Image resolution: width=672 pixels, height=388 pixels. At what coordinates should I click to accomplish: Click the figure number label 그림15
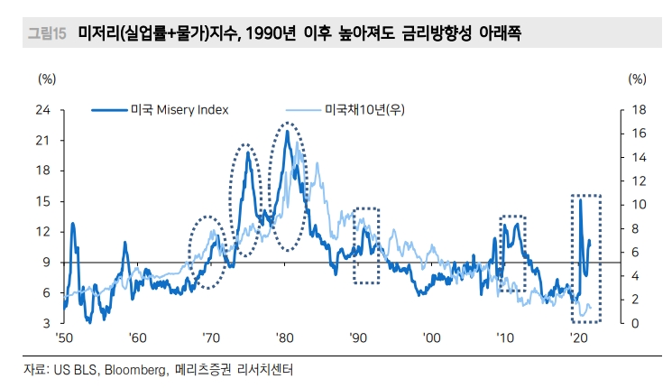point(46,34)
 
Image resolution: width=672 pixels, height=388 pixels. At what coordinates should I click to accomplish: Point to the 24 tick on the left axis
point(42,110)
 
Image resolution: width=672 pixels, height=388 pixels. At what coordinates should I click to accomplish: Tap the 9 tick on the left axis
point(45,263)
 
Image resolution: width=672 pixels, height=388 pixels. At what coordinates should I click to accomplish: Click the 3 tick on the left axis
point(45,323)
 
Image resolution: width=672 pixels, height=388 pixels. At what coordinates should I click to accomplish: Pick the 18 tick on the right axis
point(638,110)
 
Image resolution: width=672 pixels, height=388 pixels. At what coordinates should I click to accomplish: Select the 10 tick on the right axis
point(638,205)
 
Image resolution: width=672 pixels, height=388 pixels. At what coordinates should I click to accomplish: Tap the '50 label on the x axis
point(63,337)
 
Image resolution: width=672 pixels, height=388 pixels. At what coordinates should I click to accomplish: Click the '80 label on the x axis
point(284,337)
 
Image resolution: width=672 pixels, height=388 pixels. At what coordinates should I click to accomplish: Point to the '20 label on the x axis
point(577,337)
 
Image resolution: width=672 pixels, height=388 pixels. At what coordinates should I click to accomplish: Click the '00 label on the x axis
point(431,337)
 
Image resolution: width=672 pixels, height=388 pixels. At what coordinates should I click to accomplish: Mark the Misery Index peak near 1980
point(287,132)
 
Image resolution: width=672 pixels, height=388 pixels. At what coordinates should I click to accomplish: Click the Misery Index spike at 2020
point(580,199)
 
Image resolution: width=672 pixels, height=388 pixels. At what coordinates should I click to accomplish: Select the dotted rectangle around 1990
point(366,245)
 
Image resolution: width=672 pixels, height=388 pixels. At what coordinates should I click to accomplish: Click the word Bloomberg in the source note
point(136,370)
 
